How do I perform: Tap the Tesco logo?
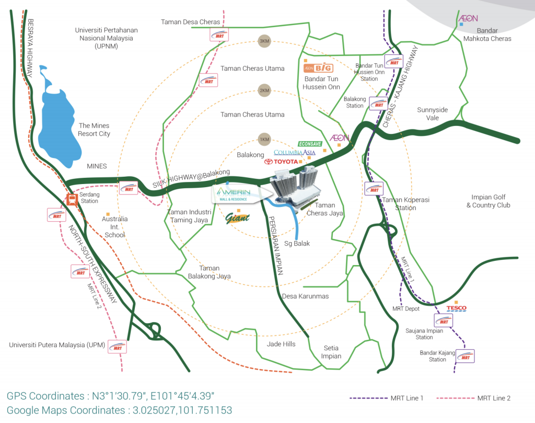click(x=457, y=308)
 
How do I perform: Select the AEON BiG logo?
click(x=318, y=68)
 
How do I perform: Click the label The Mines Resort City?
click(x=94, y=130)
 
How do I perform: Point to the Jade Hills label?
click(x=281, y=344)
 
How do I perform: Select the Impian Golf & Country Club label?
click(x=488, y=201)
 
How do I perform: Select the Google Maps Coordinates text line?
click(x=120, y=410)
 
